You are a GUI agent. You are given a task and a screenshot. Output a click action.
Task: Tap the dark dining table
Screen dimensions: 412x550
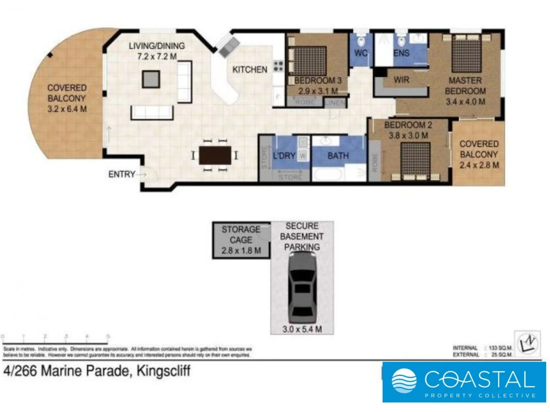coord(215,155)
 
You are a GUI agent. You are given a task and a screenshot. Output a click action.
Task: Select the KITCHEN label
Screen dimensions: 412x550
coord(250,69)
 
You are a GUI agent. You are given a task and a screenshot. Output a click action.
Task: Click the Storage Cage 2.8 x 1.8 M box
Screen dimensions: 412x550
coord(241,240)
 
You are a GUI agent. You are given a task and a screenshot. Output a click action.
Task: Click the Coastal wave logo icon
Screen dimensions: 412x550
coord(404,381)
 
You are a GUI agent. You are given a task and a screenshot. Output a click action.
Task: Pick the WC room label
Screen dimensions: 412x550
coord(361,53)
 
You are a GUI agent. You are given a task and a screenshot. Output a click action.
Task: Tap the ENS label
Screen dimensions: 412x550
coord(401,53)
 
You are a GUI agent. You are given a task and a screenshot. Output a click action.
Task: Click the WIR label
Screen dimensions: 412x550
coord(401,80)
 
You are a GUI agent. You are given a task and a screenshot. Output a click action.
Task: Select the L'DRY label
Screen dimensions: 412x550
coord(284,156)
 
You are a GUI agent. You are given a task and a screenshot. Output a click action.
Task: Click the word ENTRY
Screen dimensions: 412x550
coord(121,174)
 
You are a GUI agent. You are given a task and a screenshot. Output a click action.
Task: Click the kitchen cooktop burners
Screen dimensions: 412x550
coord(278,66)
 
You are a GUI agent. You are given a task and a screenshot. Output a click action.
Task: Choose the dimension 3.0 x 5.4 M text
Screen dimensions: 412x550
coord(302,329)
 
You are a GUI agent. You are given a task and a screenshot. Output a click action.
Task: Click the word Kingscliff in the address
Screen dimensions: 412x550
coord(163,371)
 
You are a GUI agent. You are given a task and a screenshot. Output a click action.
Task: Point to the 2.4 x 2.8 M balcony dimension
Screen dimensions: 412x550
coord(479,165)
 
